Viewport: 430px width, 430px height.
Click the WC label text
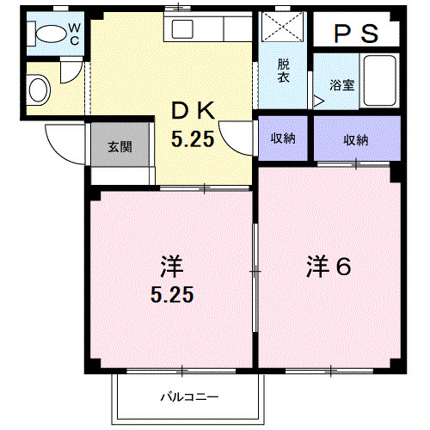point(74,34)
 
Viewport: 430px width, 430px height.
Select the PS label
point(356,34)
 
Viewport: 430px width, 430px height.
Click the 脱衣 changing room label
point(283,71)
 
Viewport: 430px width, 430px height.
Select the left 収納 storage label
point(284,139)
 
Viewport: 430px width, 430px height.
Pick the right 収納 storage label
point(356,139)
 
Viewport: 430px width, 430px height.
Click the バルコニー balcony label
point(189,397)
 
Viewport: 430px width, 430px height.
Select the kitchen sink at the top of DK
point(185,28)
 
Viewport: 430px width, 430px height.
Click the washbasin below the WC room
point(39,89)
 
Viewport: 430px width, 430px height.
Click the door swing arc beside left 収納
point(236,138)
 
